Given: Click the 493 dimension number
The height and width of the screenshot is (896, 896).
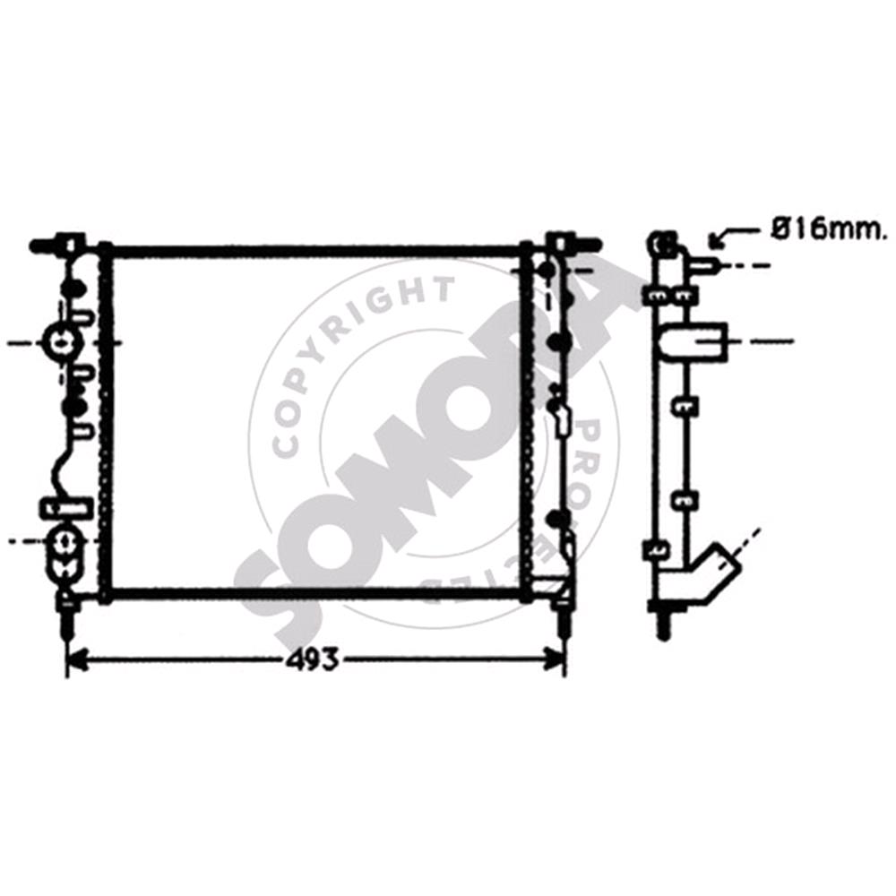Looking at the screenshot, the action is coord(312,660).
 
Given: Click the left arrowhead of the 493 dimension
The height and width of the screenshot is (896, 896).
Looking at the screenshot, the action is coord(79,660).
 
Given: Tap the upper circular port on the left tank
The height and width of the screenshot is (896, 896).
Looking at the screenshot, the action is coord(61,343).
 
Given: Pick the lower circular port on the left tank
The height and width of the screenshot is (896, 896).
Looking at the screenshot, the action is coord(63,540).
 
